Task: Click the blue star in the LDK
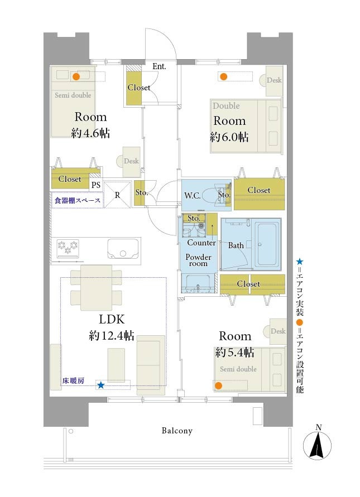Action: coord(100,385)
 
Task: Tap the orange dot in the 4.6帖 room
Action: coord(76,77)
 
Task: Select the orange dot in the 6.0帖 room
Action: coord(224,76)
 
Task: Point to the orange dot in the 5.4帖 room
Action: coord(218,385)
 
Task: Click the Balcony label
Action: coord(177,431)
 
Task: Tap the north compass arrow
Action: coord(317,445)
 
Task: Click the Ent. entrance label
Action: coord(159,66)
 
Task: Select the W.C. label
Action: coord(192,196)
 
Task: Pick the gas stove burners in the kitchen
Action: coord(68,248)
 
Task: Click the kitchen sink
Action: coord(123,249)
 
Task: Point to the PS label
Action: coord(96,185)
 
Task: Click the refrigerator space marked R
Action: coord(117,195)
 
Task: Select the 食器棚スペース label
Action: coord(78,200)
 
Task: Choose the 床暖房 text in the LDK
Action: coord(73,380)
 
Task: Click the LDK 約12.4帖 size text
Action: coord(112,335)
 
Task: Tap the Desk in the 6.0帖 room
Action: coord(274,81)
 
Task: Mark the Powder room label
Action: coord(198,260)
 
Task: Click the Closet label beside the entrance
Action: coord(138,87)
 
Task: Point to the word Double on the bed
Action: coord(226,106)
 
